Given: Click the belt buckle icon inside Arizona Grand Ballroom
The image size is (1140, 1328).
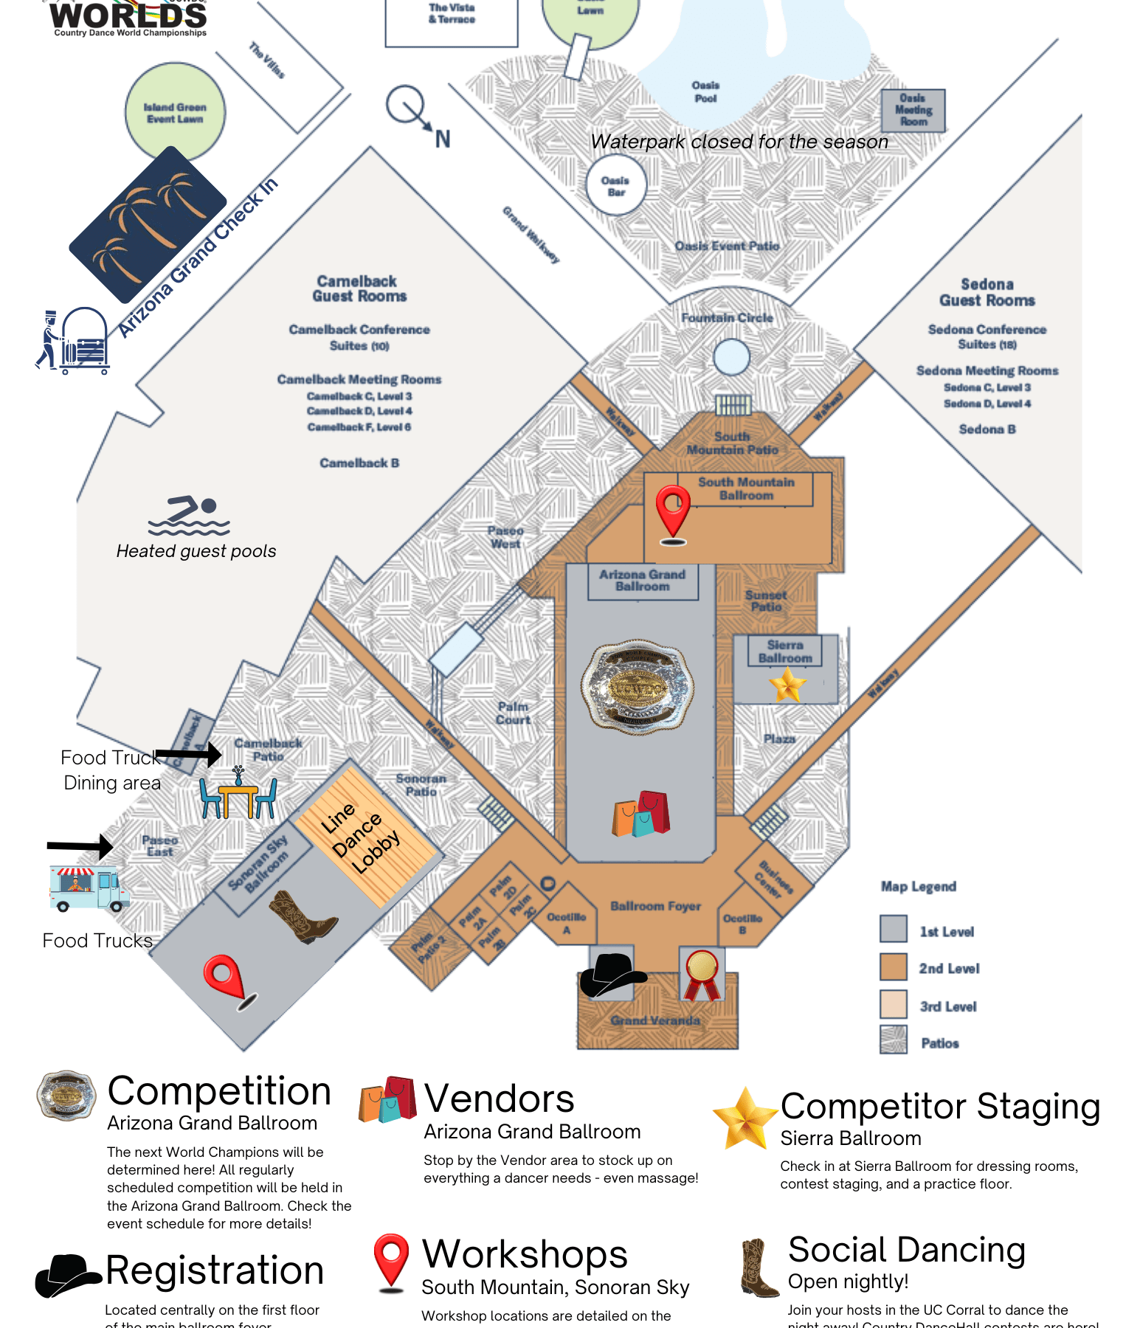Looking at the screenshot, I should (638, 688).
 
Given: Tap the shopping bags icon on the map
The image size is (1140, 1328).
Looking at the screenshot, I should (640, 814).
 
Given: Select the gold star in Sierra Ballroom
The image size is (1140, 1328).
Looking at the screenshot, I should (787, 684).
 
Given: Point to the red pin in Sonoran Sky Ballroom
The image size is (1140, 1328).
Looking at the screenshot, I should (227, 981).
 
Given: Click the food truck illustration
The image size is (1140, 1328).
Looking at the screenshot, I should (89, 889).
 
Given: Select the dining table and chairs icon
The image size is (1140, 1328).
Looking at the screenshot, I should (238, 795).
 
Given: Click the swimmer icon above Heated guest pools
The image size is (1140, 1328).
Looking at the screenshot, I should (190, 516).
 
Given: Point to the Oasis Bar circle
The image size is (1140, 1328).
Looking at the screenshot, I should (615, 186).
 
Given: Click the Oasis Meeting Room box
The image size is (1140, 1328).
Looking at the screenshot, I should (913, 111).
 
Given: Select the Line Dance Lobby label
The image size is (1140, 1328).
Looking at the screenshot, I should (361, 838).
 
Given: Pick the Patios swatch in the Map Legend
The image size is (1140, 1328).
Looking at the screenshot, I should (893, 1040).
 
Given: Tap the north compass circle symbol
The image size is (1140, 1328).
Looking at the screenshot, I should (405, 105).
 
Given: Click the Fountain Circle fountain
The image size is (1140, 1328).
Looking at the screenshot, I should (731, 358).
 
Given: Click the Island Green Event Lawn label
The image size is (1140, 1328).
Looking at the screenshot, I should (175, 113).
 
